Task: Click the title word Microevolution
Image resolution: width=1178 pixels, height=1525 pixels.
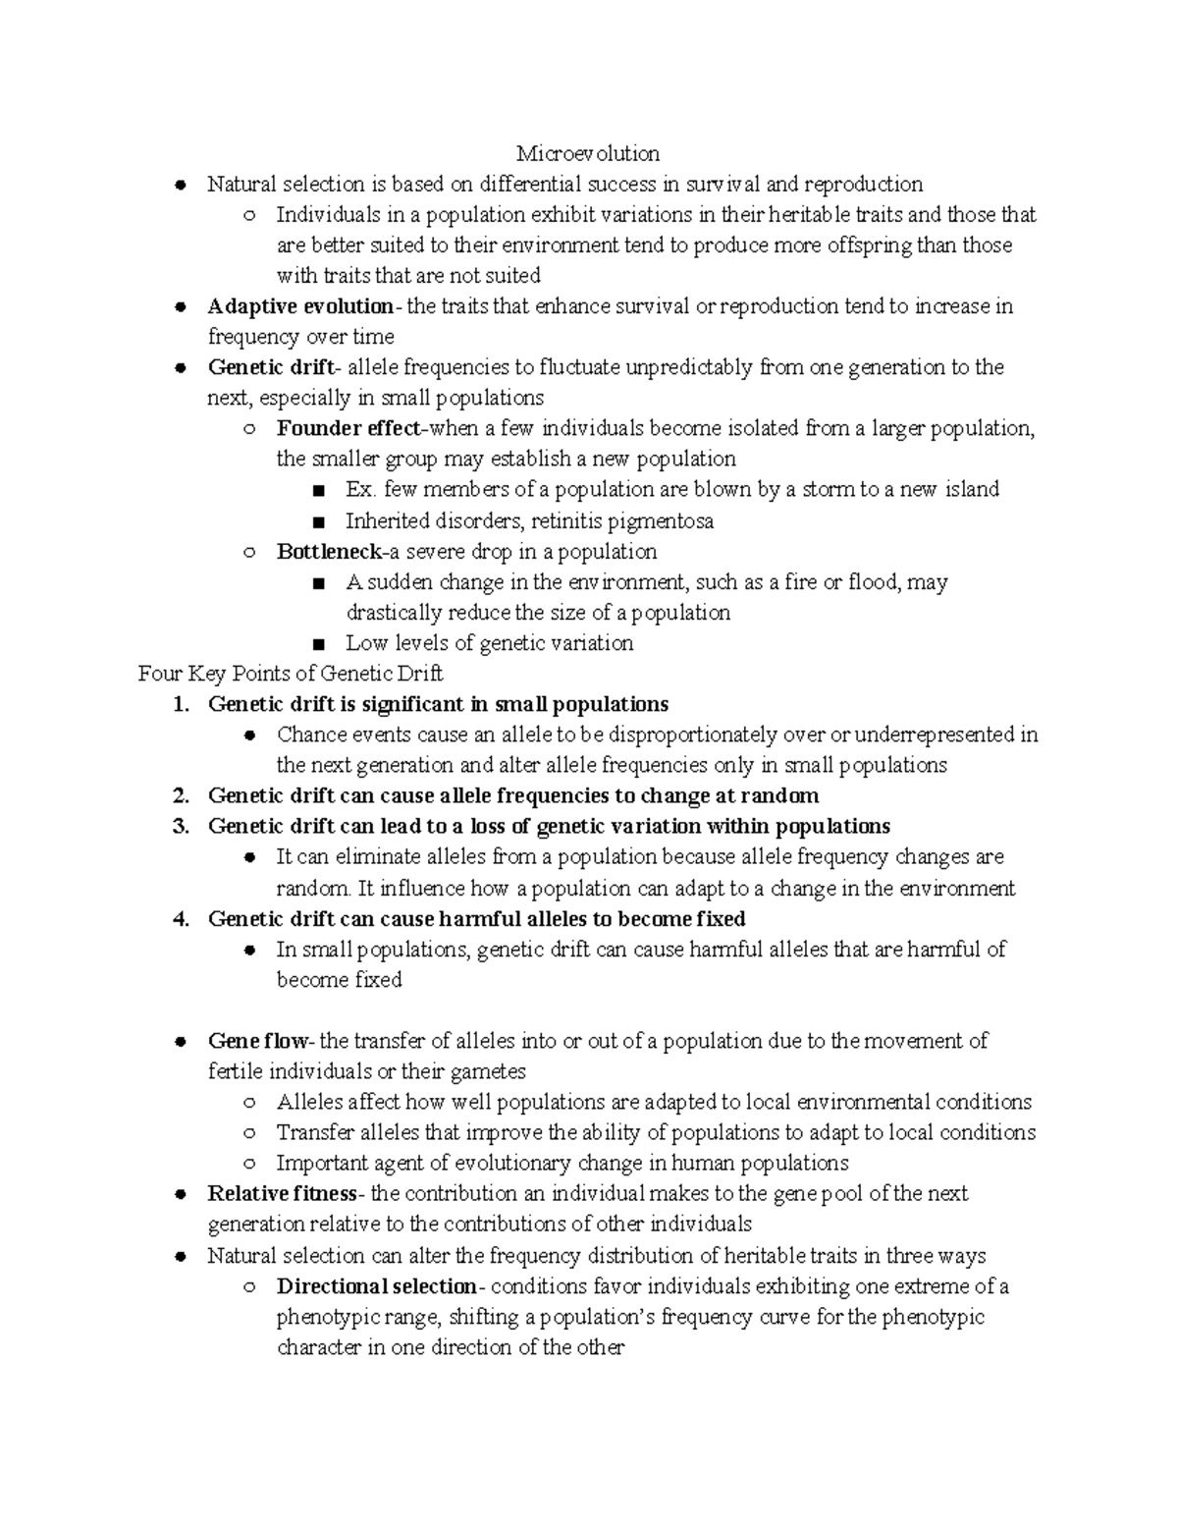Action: click(x=588, y=153)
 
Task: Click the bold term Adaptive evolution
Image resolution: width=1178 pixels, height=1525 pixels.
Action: click(x=299, y=306)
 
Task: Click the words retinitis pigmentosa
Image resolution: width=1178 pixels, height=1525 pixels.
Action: click(x=636, y=520)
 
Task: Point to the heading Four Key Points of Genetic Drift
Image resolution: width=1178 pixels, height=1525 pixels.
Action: click(x=291, y=674)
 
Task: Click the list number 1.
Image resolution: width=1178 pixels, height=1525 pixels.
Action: click(x=178, y=704)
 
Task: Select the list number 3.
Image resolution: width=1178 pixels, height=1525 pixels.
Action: click(x=178, y=826)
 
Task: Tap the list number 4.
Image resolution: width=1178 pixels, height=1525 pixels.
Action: click(x=178, y=918)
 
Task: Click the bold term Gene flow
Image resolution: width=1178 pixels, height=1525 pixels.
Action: click(x=258, y=1041)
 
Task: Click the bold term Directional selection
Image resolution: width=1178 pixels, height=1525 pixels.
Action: click(x=376, y=1286)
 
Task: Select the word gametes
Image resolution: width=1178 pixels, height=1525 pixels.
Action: click(x=489, y=1071)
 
